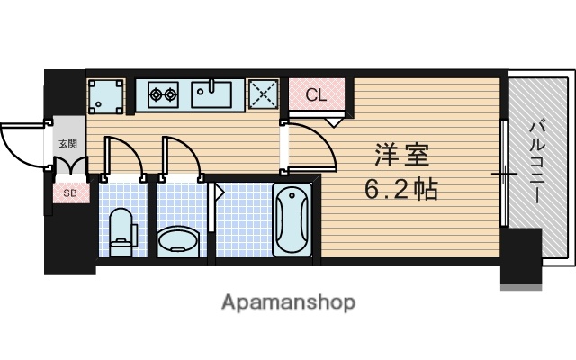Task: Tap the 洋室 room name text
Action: tap(403, 155)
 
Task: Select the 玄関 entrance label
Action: tap(68, 143)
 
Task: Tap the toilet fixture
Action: tap(121, 231)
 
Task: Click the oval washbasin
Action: tap(179, 240)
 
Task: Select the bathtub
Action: tap(292, 220)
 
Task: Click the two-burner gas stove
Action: tap(164, 93)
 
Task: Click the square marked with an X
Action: tap(263, 94)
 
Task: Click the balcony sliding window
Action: tap(504, 171)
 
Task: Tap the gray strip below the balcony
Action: tap(522, 286)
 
